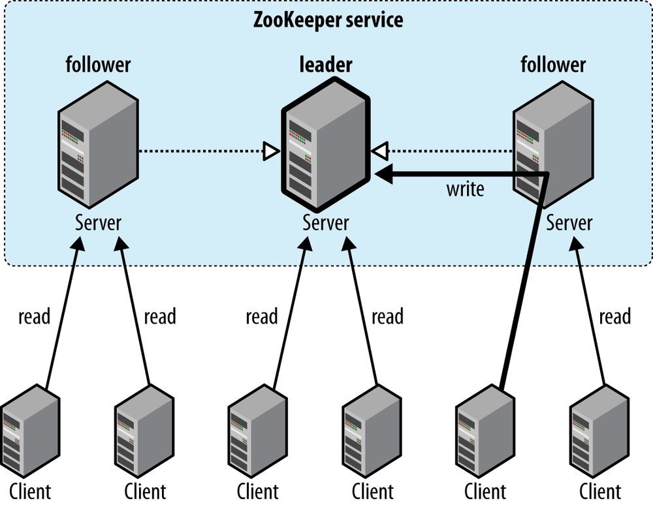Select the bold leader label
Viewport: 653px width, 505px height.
tap(326, 65)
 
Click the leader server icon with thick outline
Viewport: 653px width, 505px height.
tap(326, 144)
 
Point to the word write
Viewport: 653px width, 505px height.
tap(465, 189)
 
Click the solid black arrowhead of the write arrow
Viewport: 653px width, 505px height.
tap(383, 174)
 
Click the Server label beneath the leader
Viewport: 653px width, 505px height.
tap(326, 222)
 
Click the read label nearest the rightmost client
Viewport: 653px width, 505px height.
tap(614, 317)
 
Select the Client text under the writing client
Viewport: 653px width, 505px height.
tap(485, 491)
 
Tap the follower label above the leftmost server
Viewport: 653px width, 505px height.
tap(98, 65)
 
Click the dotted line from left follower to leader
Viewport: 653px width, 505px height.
tap(199, 152)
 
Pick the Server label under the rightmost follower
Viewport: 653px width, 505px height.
tap(569, 222)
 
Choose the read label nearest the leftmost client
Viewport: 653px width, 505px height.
tap(34, 317)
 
